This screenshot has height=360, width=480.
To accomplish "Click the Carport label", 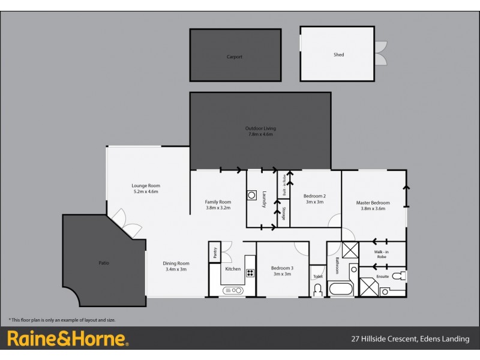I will (x=235, y=57).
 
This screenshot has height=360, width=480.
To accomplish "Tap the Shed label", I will (x=338, y=55).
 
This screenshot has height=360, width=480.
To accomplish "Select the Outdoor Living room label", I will (x=260, y=131).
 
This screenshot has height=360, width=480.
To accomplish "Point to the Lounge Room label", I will (x=146, y=189).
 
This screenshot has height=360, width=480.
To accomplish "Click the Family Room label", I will (x=218, y=205).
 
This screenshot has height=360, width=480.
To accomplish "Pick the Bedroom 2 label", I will (x=314, y=199).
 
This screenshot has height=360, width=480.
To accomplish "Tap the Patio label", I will (x=104, y=263).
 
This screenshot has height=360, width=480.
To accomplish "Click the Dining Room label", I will (x=176, y=266).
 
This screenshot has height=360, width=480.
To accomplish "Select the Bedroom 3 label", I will (x=282, y=271).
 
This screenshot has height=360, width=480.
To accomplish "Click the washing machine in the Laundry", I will (x=252, y=195).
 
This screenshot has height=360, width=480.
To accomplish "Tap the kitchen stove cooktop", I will (x=250, y=273).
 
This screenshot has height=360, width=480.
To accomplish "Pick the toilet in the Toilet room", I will (x=317, y=290).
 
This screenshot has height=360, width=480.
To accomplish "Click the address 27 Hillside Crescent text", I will (x=410, y=339).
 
